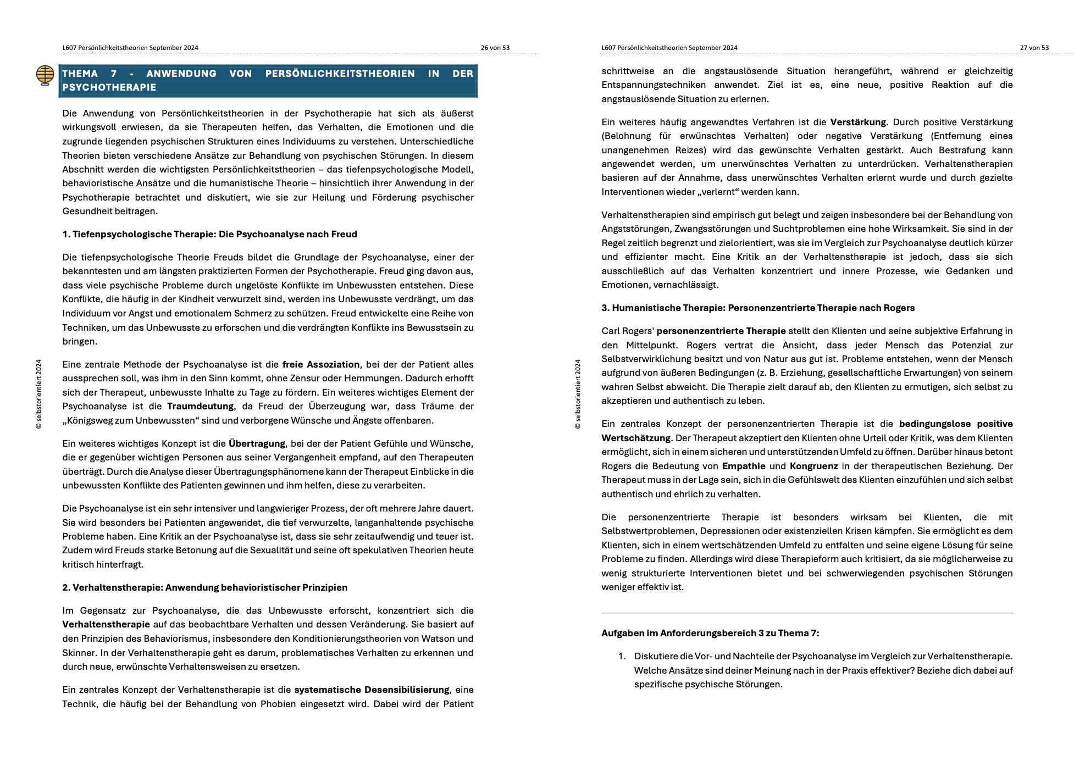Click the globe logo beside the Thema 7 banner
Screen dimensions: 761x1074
tap(45, 75)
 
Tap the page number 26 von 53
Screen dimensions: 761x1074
tap(495, 48)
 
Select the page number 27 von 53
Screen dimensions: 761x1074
tap(1034, 48)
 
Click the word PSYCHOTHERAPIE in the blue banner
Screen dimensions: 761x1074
tap(109, 87)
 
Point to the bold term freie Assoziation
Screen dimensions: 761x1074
tap(320, 364)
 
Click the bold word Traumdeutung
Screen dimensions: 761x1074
tap(200, 406)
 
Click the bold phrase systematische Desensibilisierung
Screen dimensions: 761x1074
tap(372, 690)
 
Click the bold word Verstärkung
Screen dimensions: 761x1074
tap(857, 122)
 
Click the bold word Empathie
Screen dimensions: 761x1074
tap(743, 466)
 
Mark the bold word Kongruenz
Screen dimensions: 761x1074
tap(813, 466)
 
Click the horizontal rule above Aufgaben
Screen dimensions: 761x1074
tap(807, 613)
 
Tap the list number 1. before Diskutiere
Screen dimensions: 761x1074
tap(622, 656)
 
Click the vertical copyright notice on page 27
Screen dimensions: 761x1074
tap(578, 394)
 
